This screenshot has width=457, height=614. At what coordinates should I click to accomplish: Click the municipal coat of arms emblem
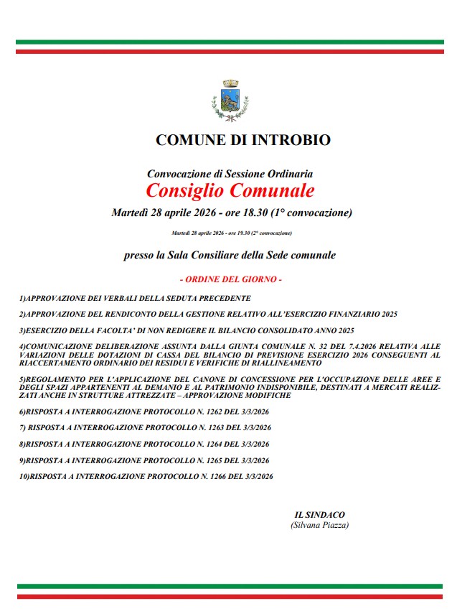tap(230, 101)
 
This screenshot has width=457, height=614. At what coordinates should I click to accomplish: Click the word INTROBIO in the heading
tap(290, 140)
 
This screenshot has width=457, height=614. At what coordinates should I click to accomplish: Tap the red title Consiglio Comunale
tap(230, 191)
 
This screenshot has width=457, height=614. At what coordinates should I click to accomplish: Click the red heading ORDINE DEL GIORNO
tap(230, 279)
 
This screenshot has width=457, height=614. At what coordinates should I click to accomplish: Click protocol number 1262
tap(202, 412)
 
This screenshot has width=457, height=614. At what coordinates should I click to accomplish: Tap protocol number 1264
tap(202, 444)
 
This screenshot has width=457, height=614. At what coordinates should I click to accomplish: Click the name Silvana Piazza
tap(320, 526)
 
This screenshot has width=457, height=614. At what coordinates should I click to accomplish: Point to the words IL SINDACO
tap(320, 515)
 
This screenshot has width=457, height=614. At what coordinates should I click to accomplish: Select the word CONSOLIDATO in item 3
tap(288, 331)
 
